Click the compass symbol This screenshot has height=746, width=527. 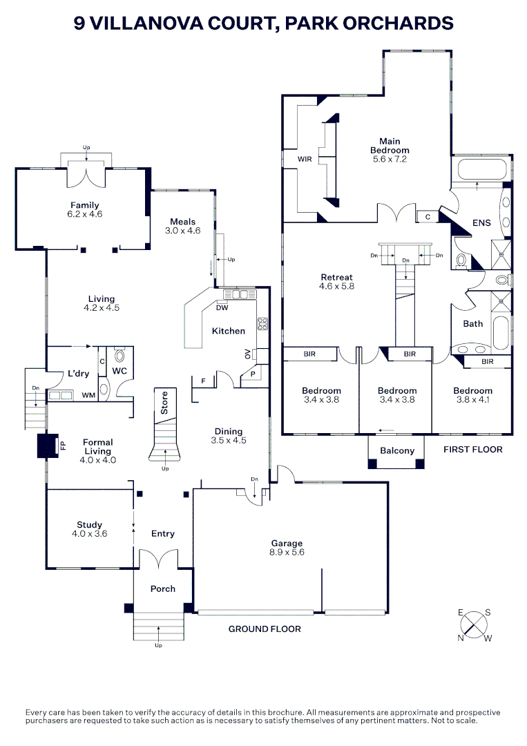[474, 625]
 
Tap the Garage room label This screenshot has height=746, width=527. [287, 543]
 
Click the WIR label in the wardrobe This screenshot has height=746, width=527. [305, 159]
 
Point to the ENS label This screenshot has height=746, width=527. [481, 223]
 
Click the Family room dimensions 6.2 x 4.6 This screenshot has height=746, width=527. [84, 214]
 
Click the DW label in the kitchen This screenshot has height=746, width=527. [222, 308]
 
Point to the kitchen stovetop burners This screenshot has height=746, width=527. [262, 323]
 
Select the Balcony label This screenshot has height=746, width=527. [397, 451]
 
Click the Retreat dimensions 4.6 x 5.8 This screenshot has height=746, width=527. [336, 286]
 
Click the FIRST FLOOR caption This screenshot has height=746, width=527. [472, 450]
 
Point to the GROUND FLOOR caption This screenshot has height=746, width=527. [265, 629]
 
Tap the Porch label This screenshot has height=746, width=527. [163, 589]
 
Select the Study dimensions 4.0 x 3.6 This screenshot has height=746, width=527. [90, 533]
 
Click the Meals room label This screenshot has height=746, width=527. [183, 222]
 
